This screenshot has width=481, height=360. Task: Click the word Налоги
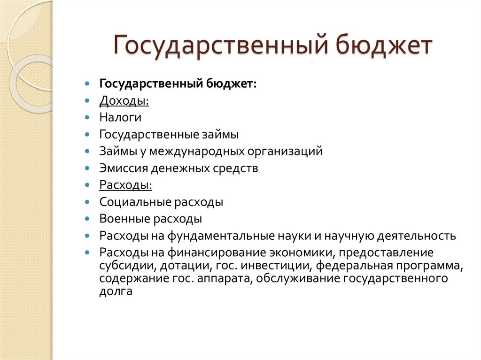coord(120,118)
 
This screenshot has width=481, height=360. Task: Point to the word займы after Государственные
coord(220,135)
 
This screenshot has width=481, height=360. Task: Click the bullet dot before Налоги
coord(87,118)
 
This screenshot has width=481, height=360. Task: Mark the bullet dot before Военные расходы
coord(87,219)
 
